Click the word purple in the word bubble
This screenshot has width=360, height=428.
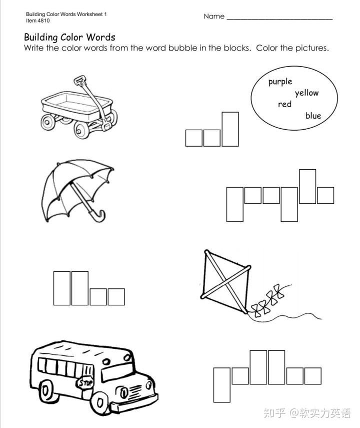point(280,82)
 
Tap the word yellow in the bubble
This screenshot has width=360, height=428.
point(306,93)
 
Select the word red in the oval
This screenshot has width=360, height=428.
point(284,104)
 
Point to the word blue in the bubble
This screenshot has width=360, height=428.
point(313,116)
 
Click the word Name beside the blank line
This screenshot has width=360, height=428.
point(214,17)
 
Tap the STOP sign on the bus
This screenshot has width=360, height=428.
point(85,383)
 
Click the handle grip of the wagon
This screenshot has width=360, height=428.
point(79,80)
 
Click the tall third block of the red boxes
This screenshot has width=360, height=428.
point(230,129)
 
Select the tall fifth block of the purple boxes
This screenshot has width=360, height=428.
point(307,186)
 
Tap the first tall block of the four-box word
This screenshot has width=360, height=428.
point(62,288)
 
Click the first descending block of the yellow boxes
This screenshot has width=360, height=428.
point(221,385)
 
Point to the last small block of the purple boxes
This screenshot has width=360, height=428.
point(325,195)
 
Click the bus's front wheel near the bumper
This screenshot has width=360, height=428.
point(99,402)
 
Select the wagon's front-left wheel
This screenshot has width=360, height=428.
point(48,122)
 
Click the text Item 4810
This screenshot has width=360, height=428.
point(38,21)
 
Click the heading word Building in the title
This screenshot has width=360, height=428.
point(41,38)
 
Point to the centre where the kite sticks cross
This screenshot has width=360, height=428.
point(225,282)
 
